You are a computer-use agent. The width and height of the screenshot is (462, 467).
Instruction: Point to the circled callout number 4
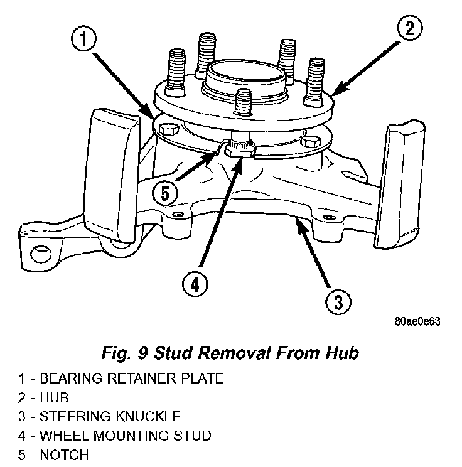tap(195, 284)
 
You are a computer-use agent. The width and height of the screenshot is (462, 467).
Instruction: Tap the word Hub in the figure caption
tap(341, 353)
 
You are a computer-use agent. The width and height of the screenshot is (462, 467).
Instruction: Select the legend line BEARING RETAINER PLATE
tap(121, 379)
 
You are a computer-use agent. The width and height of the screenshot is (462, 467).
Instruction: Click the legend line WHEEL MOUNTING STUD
tap(115, 435)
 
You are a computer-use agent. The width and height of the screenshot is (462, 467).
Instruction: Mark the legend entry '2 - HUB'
tap(43, 398)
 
